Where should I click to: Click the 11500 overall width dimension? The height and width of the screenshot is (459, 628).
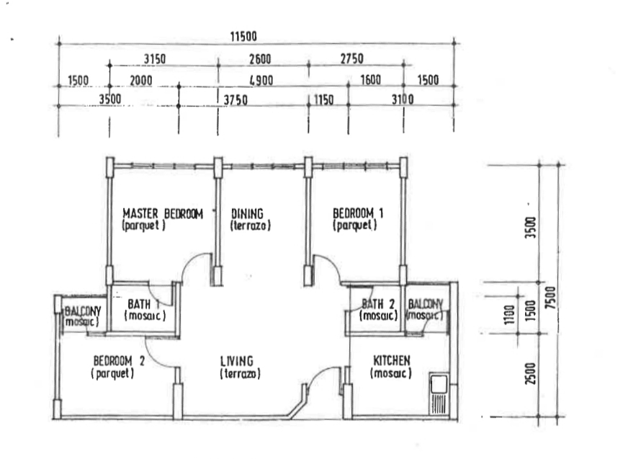tap(243, 37)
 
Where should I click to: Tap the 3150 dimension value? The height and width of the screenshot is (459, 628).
tap(155, 59)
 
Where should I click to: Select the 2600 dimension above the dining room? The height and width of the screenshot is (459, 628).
tap(260, 59)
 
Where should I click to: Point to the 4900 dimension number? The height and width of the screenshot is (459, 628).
tap(261, 81)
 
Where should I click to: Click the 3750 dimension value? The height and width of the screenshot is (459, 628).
tap(235, 100)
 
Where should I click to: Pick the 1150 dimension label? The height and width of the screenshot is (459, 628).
tap(323, 99)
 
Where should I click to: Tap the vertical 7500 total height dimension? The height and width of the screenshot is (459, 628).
tap(551, 298)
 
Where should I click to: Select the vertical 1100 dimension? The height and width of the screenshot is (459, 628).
tap(509, 315)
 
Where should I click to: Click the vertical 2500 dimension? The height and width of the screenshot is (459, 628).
tap(530, 374)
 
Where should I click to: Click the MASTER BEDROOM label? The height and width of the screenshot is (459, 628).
tap(163, 214)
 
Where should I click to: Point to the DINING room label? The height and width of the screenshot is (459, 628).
tap(248, 213)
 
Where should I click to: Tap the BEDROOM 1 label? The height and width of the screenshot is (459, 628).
tap(358, 213)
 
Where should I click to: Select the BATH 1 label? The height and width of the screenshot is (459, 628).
tap(143, 304)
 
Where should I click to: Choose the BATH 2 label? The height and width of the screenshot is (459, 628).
tap(378, 303)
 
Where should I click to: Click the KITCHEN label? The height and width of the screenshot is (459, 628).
tap(392, 360)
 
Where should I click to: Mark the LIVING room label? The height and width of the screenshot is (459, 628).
tap(237, 361)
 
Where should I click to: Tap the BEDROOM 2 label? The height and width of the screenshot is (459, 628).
tap(119, 361)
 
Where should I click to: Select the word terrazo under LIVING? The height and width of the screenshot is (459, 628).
tap(241, 374)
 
